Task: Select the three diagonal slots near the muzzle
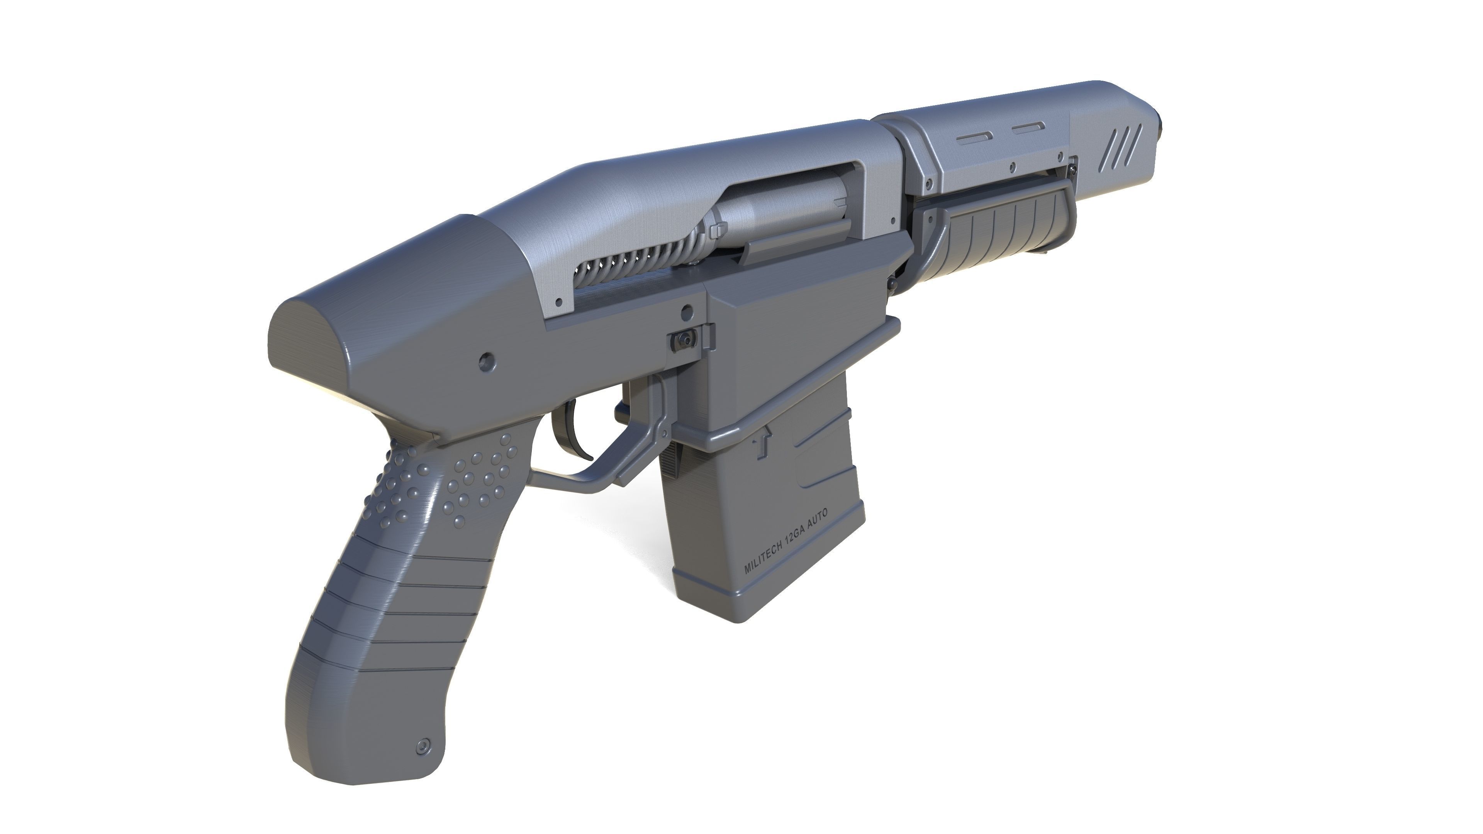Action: click(1125, 149)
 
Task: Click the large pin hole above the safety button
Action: click(687, 312)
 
